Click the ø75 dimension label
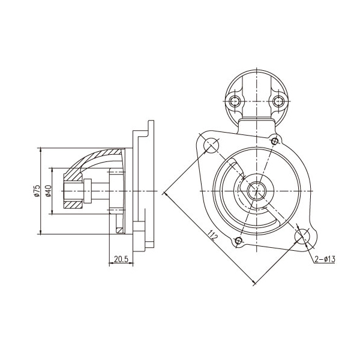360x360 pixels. (37, 191)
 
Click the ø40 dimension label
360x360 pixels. (48, 191)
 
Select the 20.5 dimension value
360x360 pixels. (121, 259)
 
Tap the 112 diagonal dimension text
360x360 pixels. (212, 235)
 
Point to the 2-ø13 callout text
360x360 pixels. (325, 259)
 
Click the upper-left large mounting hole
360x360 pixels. (211, 145)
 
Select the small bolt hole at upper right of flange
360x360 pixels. (275, 141)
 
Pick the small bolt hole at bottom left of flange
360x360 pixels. (239, 241)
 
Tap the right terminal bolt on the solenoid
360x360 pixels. (278, 101)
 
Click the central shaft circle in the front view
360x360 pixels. (256, 191)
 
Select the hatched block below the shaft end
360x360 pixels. (73, 205)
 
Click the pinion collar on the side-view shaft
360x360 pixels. (88, 191)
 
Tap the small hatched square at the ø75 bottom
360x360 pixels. (119, 230)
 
